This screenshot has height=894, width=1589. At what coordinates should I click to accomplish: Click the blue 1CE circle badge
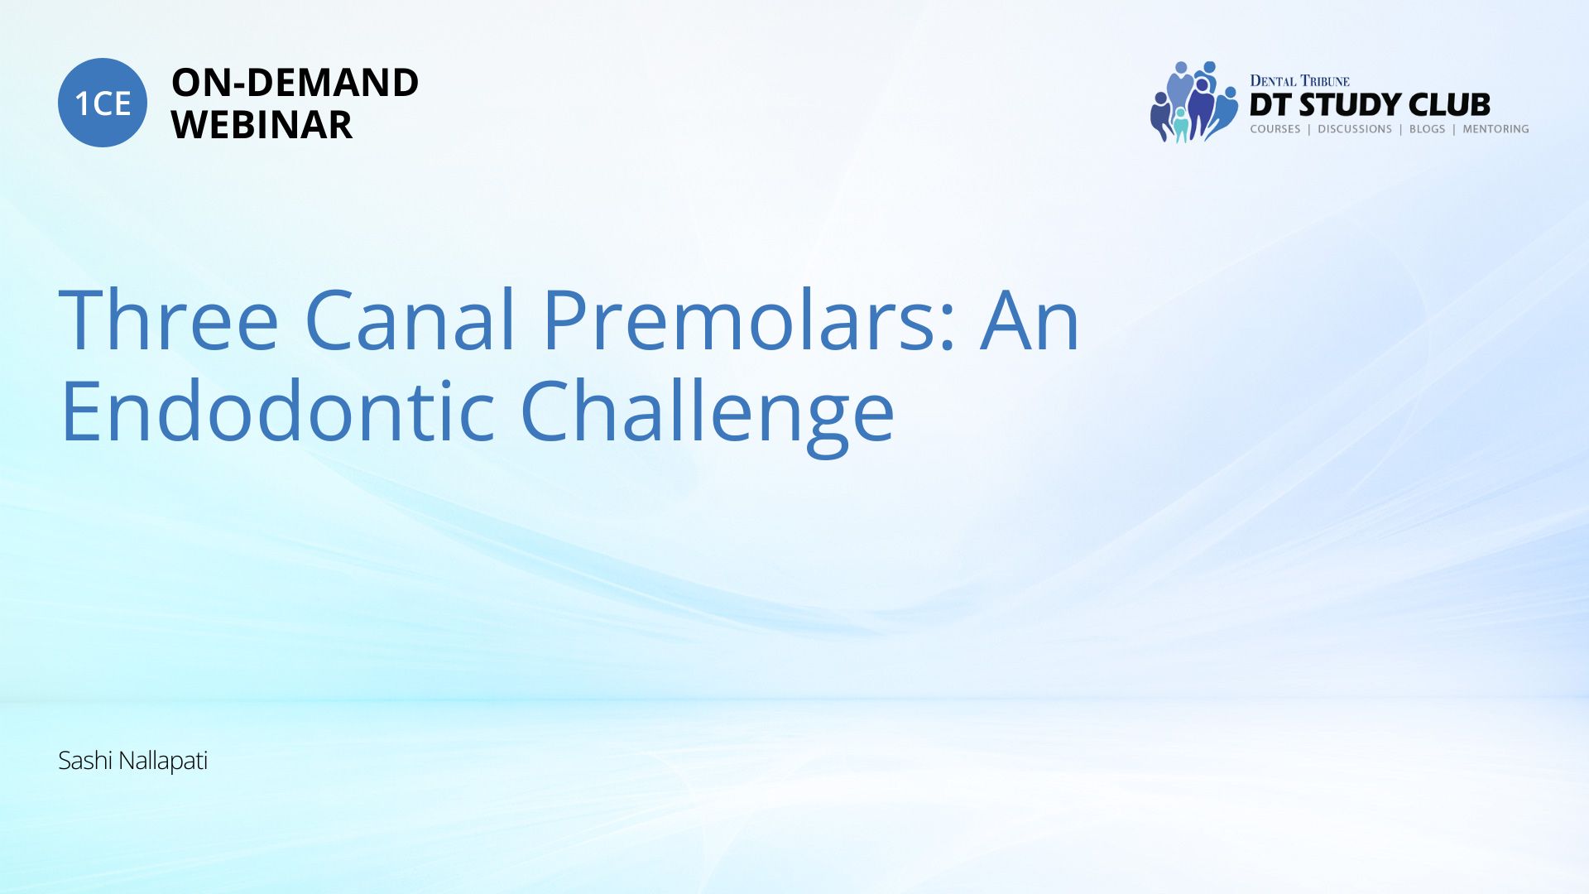click(x=103, y=103)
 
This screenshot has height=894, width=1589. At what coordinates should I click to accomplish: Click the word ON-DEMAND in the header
click(x=295, y=83)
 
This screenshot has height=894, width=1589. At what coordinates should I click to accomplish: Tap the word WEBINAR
click(x=262, y=125)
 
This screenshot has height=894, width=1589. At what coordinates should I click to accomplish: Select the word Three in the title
click(x=169, y=320)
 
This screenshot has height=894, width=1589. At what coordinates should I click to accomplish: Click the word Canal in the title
click(x=411, y=320)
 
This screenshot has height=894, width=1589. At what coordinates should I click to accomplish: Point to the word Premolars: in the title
click(x=749, y=320)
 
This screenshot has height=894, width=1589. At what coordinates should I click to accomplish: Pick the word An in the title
click(x=1030, y=320)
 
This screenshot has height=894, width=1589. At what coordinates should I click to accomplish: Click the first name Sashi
click(x=85, y=760)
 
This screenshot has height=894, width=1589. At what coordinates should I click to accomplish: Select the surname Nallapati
click(x=163, y=761)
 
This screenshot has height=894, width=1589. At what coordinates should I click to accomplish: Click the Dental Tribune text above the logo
click(x=1299, y=80)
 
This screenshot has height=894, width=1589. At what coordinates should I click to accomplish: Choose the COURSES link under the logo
click(x=1275, y=129)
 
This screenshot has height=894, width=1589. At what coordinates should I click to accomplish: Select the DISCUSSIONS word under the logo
click(x=1355, y=129)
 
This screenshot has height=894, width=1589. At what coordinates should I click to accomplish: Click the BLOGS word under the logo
click(x=1427, y=129)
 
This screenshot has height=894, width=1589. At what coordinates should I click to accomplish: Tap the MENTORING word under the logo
click(x=1495, y=129)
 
